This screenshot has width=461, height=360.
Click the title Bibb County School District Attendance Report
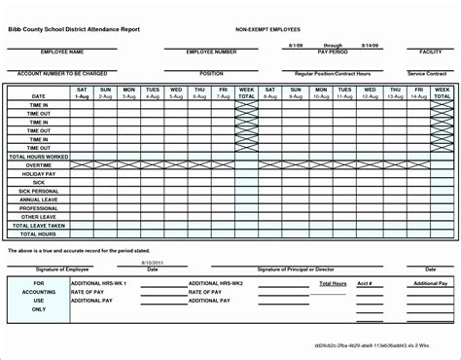click(x=74, y=30)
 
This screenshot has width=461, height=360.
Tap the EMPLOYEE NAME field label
click(x=58, y=51)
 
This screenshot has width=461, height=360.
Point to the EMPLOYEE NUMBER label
click(x=212, y=51)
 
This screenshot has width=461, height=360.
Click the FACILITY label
click(x=431, y=51)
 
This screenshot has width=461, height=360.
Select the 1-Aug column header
click(x=82, y=96)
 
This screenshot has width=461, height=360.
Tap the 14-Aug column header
click(x=418, y=96)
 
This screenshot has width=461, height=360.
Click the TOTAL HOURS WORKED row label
click(x=39, y=156)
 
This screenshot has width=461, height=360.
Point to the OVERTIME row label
click(x=39, y=164)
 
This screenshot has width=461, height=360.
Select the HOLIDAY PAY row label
click(x=39, y=173)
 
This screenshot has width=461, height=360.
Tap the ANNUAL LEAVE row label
click(x=39, y=199)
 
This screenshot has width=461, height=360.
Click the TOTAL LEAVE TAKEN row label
click(x=39, y=225)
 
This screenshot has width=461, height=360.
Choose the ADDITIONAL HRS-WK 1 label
click(x=101, y=283)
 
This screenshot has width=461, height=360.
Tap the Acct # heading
click(x=365, y=283)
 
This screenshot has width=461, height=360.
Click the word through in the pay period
click(x=334, y=45)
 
